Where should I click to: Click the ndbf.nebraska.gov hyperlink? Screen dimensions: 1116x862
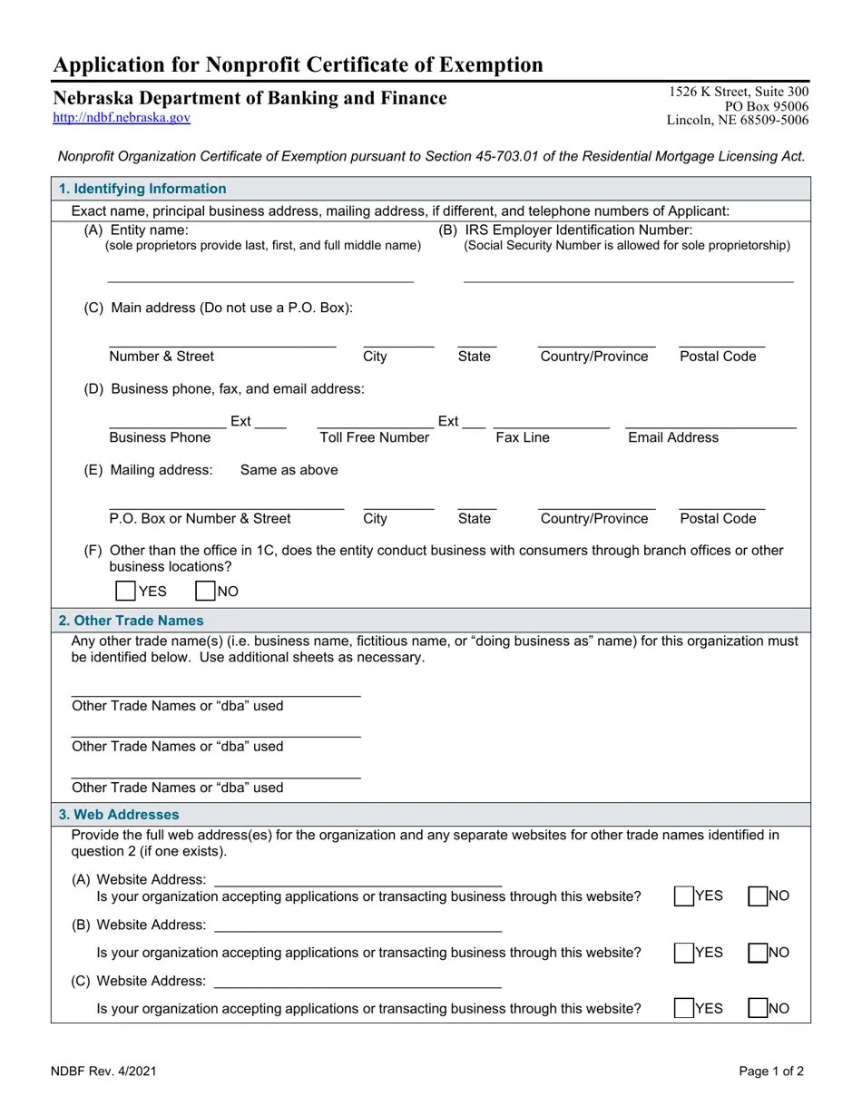tap(122, 117)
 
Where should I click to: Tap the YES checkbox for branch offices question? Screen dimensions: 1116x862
tap(126, 591)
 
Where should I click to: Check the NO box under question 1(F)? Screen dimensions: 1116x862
tap(205, 591)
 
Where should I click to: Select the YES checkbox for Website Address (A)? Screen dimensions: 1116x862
tap(684, 896)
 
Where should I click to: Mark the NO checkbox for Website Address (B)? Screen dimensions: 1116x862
tap(758, 953)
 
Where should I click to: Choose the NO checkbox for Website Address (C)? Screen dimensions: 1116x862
tap(758, 1008)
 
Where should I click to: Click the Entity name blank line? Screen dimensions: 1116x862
tap(260, 275)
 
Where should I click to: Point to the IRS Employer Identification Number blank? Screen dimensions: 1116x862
tap(628, 275)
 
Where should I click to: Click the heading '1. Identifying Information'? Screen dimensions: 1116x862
tap(142, 189)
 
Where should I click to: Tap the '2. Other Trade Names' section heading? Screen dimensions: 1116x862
tap(132, 621)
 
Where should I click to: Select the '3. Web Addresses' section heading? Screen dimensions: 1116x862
tap(119, 815)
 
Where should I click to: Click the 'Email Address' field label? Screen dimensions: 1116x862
tap(673, 437)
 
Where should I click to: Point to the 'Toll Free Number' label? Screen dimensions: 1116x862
tap(374, 437)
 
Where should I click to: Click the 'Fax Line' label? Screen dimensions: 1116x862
tap(523, 437)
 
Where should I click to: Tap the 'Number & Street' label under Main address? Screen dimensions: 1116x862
tap(162, 357)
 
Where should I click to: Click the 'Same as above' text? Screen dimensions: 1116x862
tap(289, 470)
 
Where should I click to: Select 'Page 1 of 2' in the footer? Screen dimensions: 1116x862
tap(771, 1071)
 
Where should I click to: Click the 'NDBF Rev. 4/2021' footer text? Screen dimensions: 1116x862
tap(104, 1071)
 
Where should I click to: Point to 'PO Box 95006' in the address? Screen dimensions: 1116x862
tap(767, 106)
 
